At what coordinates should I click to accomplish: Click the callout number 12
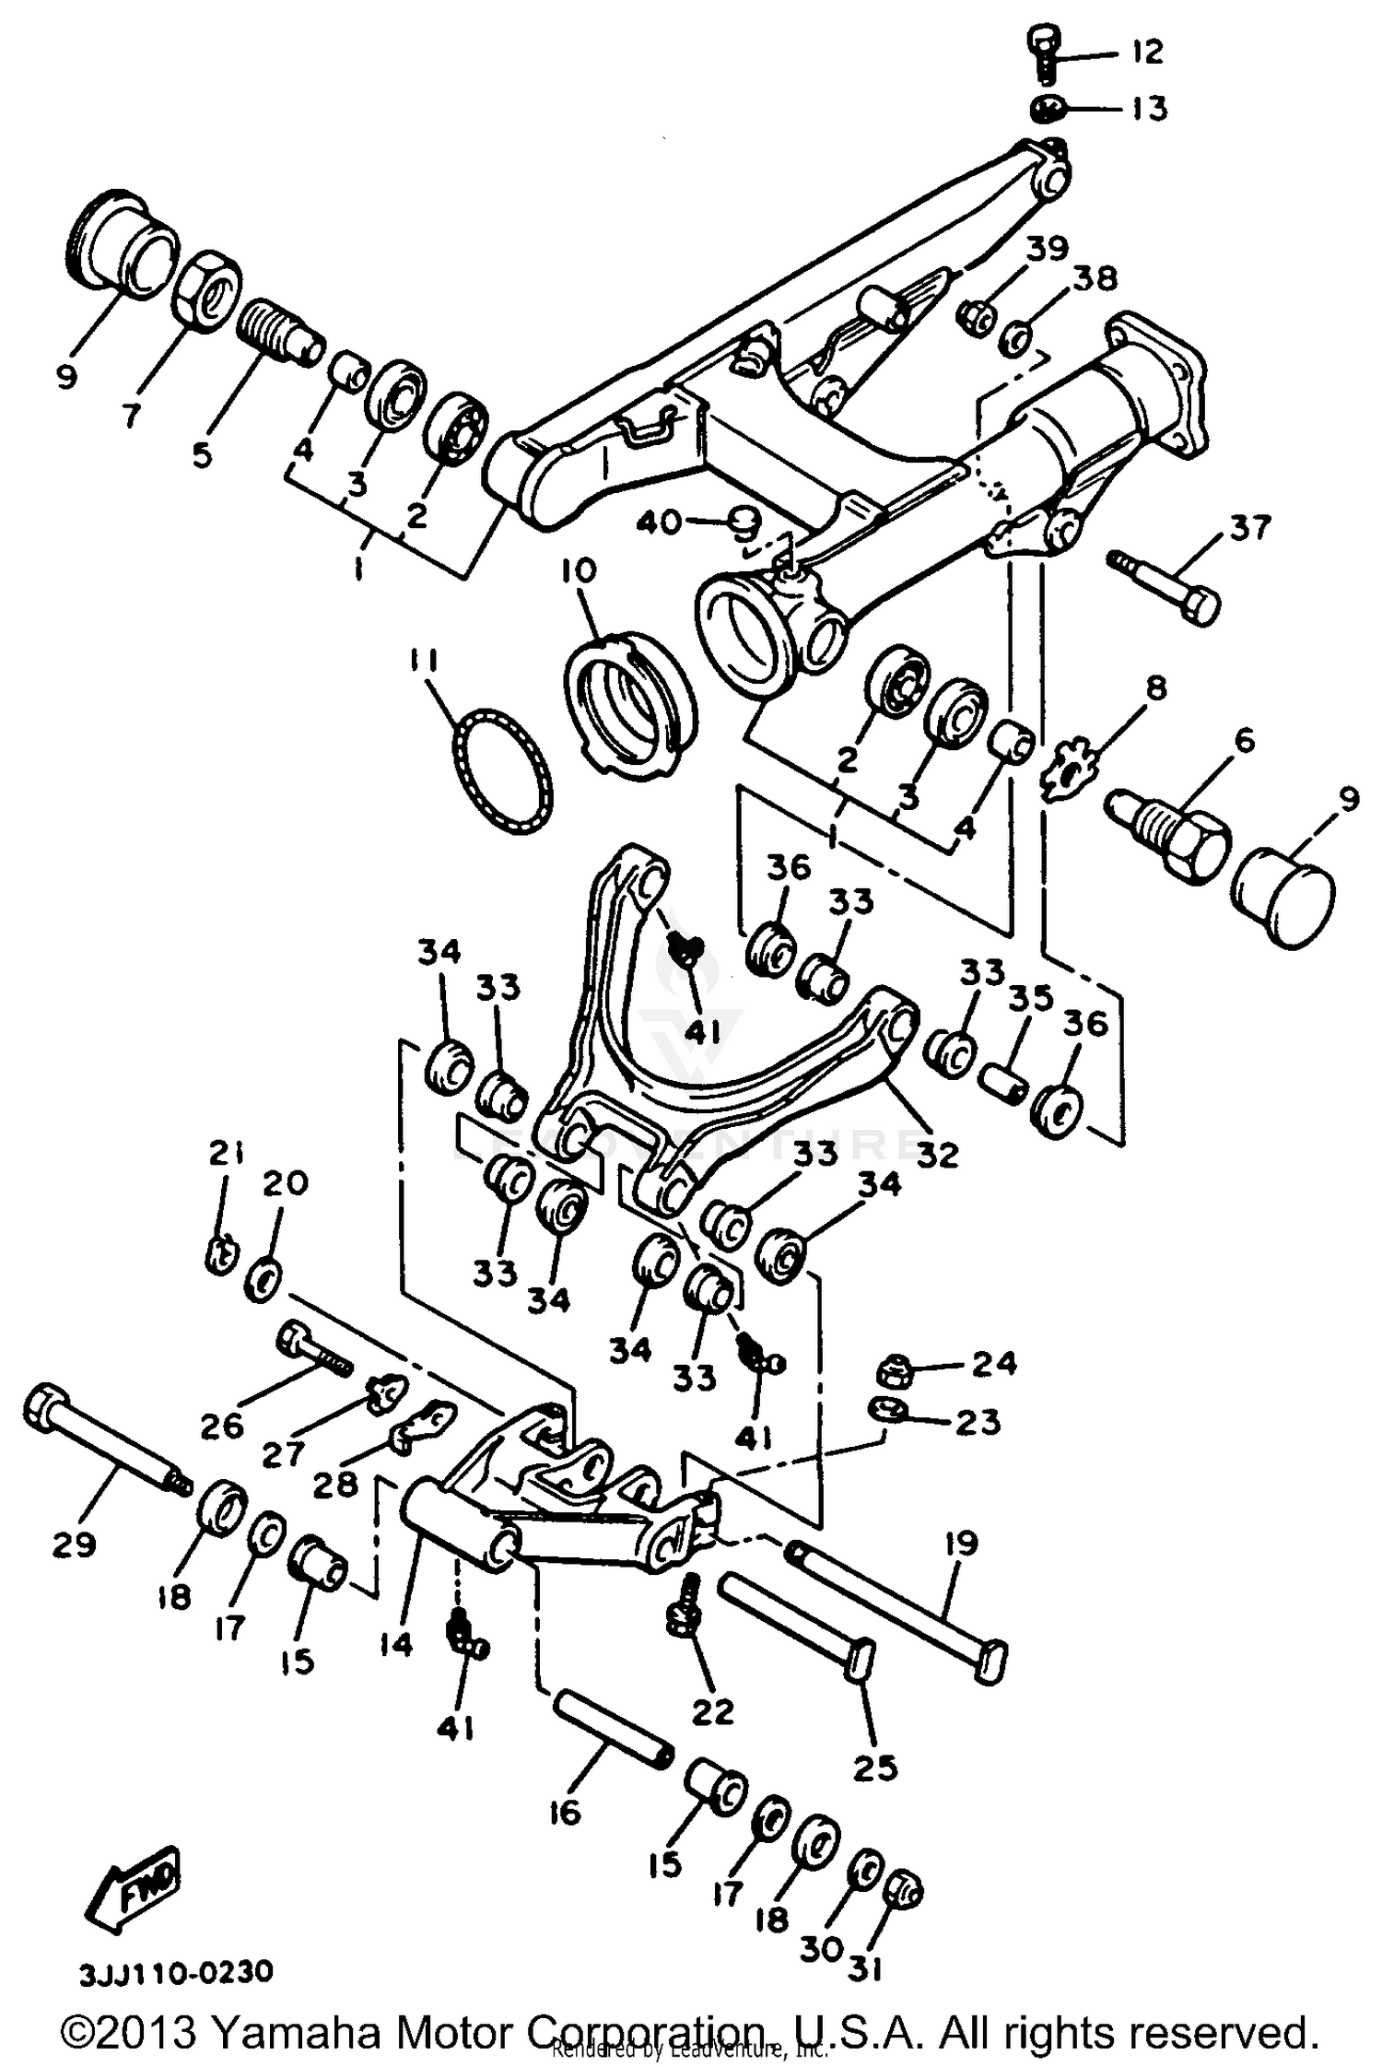[1146, 52]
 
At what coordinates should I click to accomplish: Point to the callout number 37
[1249, 528]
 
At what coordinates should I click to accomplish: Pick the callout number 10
[579, 571]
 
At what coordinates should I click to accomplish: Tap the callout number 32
[937, 1154]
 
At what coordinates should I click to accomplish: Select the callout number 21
[226, 1152]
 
